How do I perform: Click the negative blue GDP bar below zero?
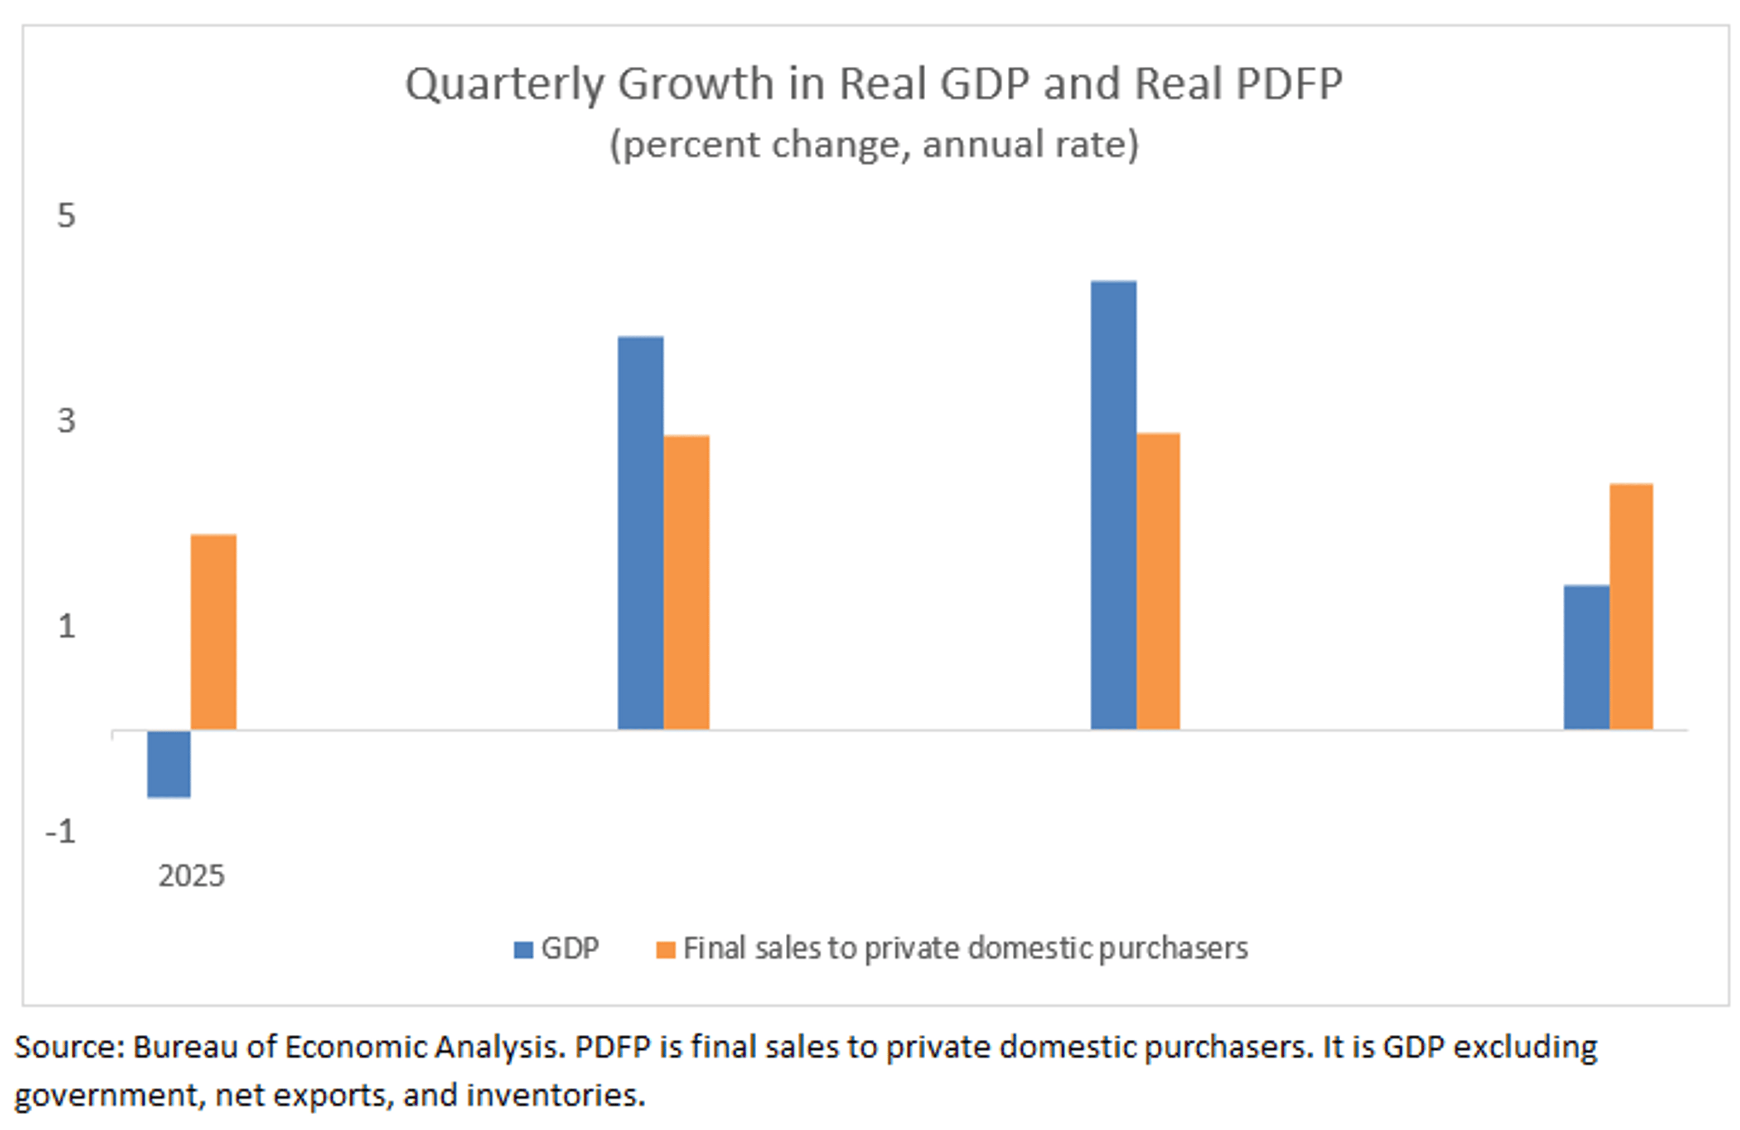pos(169,763)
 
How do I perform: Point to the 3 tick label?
pos(67,420)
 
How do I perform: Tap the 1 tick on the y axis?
pos(67,626)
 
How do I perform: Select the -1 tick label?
pos(61,832)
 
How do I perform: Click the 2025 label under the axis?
pos(192,876)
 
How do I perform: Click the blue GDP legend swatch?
pos(523,950)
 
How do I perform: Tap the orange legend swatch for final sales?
pos(665,950)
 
